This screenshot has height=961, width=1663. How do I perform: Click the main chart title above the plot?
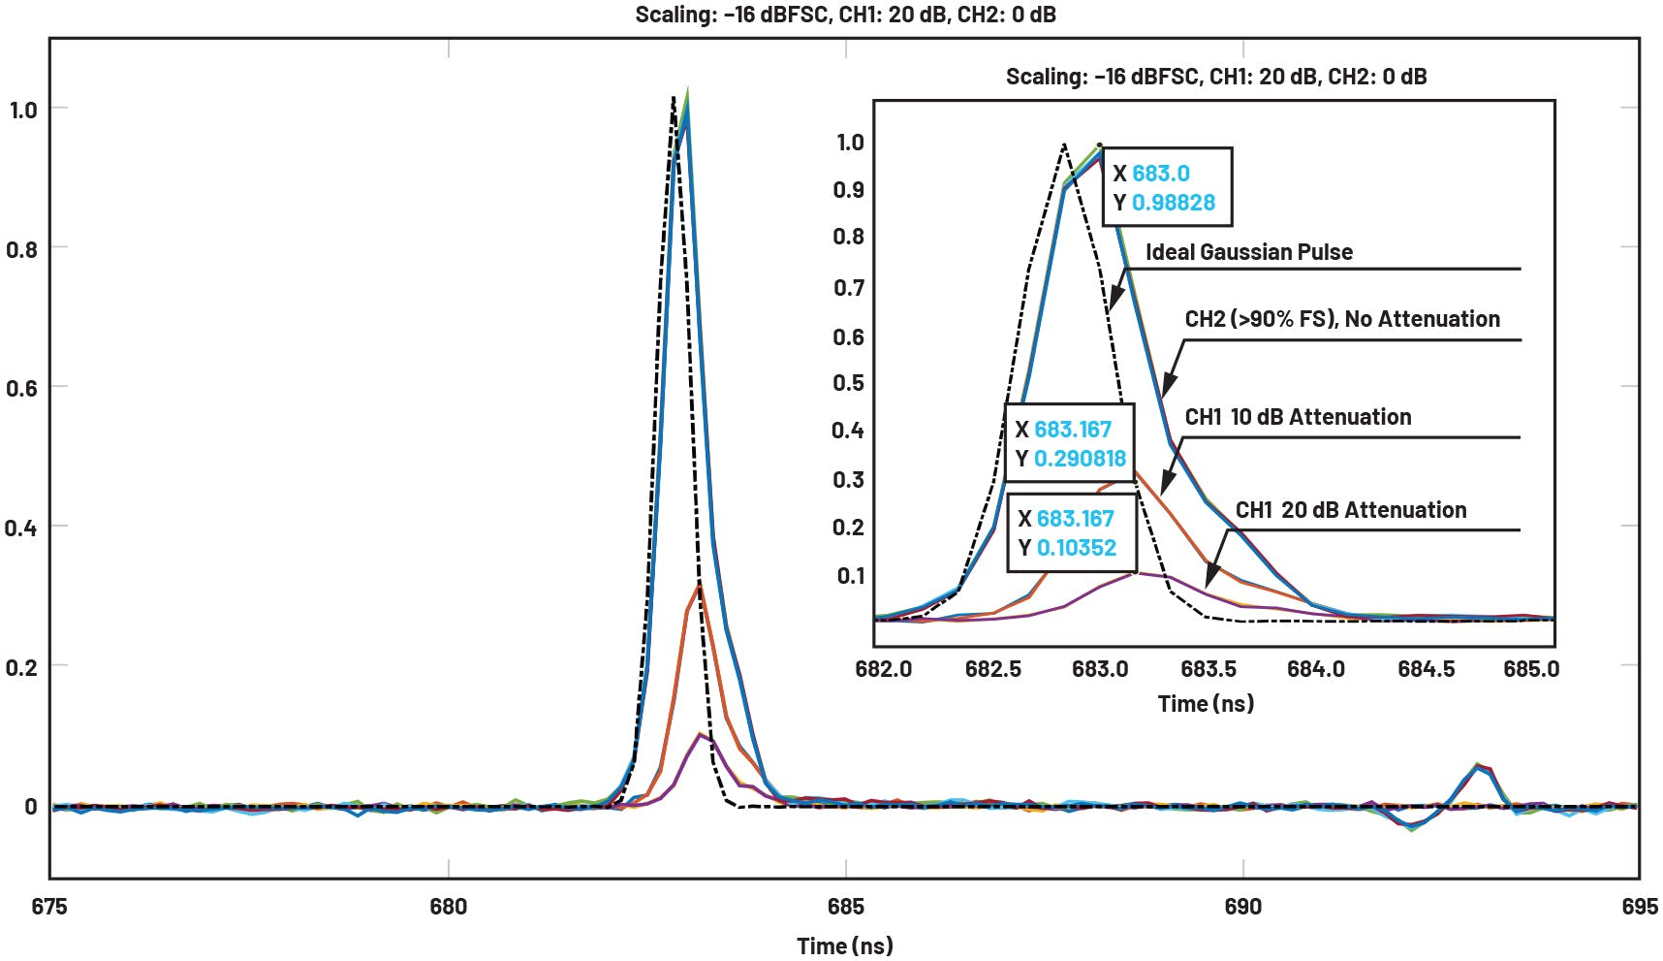click(845, 15)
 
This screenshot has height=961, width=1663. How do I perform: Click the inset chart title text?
click(1215, 77)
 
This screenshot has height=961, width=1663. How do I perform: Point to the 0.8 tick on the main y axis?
click(22, 249)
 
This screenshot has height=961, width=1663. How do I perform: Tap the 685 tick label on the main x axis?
click(845, 907)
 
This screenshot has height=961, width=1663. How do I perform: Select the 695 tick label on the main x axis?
click(1639, 907)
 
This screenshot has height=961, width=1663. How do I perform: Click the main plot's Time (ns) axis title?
click(845, 945)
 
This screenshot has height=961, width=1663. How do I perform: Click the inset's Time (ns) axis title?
click(1206, 703)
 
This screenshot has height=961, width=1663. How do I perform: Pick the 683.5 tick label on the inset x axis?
click(1208, 669)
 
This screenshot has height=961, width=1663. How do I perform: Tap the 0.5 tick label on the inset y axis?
click(848, 383)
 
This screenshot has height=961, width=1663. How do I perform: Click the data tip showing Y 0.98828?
click(1167, 187)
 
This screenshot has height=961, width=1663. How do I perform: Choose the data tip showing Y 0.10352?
click(1067, 532)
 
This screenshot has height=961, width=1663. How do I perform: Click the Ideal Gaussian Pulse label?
click(1249, 252)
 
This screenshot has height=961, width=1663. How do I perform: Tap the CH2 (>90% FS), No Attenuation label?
click(1342, 319)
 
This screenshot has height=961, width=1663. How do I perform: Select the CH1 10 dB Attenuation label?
click(1298, 417)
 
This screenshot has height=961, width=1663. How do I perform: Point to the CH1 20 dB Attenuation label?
click(1351, 510)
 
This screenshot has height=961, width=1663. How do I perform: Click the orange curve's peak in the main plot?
click(698, 587)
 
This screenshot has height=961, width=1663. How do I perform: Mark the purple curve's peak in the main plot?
click(700, 735)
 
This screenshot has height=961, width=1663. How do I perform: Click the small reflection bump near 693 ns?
click(1477, 767)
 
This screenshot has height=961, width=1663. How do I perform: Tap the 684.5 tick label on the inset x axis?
click(1426, 669)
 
